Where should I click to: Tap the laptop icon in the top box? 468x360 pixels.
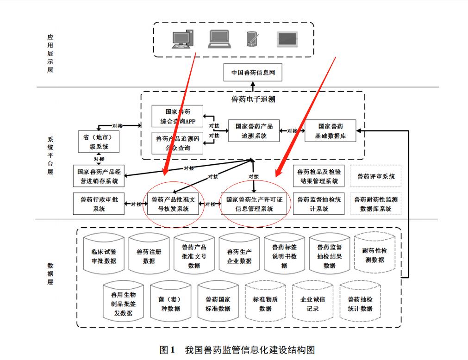point(219,39)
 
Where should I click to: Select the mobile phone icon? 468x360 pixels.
point(252,39)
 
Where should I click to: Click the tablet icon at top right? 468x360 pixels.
point(288,39)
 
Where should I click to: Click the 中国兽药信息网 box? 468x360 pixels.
point(253,73)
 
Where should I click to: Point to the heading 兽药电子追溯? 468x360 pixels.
point(253,99)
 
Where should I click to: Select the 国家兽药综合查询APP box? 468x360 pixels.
point(177,117)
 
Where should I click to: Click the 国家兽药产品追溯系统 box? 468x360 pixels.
point(254,131)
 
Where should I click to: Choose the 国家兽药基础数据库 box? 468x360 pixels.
point(331,131)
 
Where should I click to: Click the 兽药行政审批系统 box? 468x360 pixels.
point(99,204)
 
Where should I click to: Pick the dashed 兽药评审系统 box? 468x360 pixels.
point(375,176)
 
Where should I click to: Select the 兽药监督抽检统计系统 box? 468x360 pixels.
point(318,204)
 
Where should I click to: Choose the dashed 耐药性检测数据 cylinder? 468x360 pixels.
point(374,255)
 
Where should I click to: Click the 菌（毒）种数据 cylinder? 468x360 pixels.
point(170,304)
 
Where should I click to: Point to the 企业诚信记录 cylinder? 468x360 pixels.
point(312,304)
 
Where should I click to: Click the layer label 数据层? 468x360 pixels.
point(50,273)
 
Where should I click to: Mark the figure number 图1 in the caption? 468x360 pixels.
point(166,349)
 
